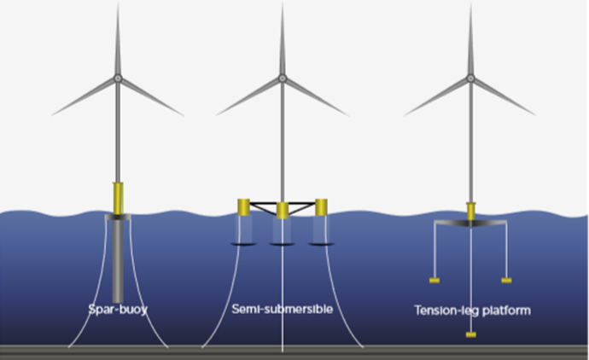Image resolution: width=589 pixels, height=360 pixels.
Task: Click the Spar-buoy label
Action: (118, 308)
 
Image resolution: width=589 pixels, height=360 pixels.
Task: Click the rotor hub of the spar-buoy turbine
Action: (118, 78)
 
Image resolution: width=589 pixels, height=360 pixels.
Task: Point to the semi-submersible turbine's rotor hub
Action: (283, 78)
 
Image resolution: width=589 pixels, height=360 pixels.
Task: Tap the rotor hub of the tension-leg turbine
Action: (470, 78)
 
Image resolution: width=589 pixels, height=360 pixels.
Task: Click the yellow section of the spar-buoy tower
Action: (118, 198)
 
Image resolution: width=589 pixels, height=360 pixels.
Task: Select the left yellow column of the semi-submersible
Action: (242, 206)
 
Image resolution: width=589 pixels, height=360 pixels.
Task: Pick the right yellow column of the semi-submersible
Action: (321, 206)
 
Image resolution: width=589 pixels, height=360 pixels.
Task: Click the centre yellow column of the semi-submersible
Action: (282, 229)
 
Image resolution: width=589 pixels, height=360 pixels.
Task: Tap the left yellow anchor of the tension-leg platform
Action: (434, 280)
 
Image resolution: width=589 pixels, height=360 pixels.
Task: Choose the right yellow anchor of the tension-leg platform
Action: (506, 280)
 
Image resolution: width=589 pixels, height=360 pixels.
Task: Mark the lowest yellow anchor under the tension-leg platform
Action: (470, 335)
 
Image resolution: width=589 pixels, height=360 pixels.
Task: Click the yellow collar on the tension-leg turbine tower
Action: (470, 210)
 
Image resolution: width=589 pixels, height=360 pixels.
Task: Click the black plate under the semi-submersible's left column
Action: (242, 244)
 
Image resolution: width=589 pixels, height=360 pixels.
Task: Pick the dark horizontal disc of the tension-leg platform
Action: (470, 224)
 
